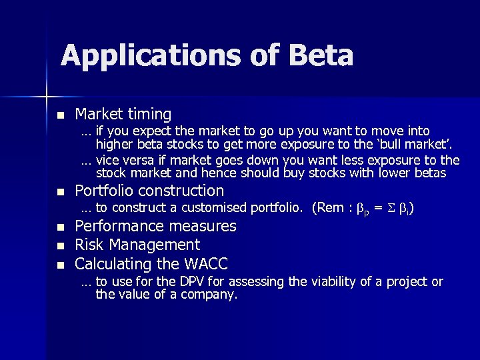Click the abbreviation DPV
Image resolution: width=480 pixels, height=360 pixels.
coord(189,282)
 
